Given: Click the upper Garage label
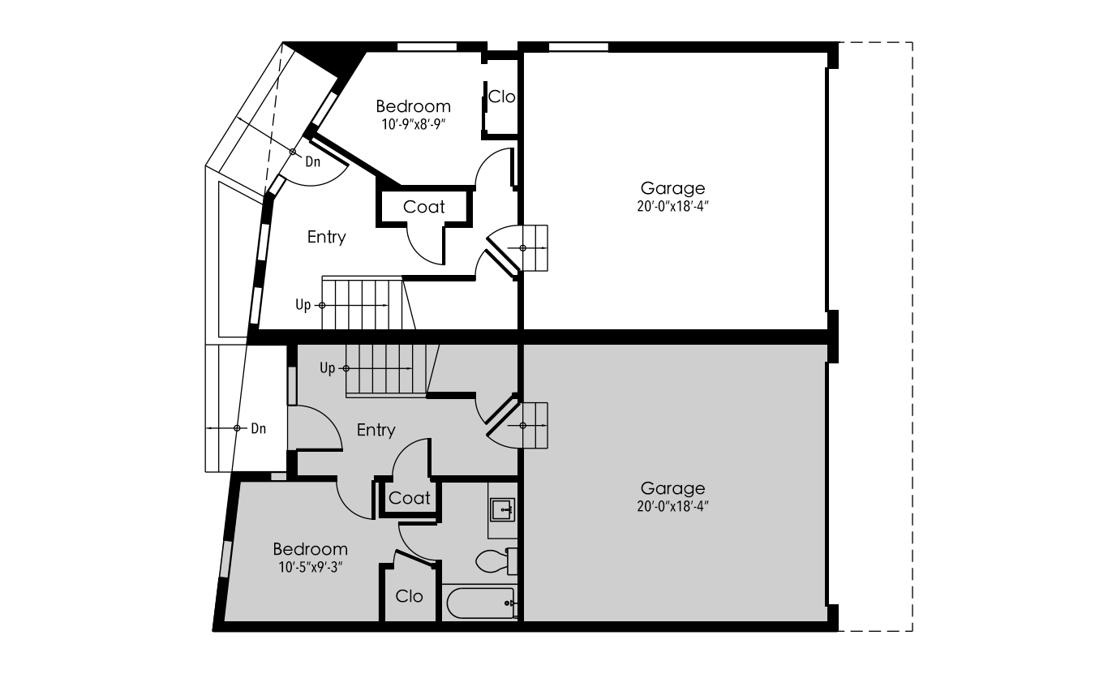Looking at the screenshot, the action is pyautogui.click(x=672, y=188).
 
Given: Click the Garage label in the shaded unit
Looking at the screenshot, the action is pyautogui.click(x=672, y=488).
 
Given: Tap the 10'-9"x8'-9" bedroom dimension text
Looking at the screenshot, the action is pyautogui.click(x=414, y=125).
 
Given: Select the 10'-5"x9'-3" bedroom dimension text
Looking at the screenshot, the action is pyautogui.click(x=311, y=568).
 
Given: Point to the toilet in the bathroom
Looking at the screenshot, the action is pyautogui.click(x=496, y=561).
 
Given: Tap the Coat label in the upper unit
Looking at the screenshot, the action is pyautogui.click(x=424, y=208).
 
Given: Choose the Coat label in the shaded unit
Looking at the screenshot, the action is pyautogui.click(x=409, y=498).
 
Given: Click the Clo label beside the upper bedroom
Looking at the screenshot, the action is pyautogui.click(x=501, y=97).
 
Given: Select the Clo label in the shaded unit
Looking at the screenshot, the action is pyautogui.click(x=409, y=596).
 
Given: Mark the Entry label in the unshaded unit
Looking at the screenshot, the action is pyautogui.click(x=327, y=237).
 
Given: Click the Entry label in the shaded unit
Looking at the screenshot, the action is pyautogui.click(x=376, y=430).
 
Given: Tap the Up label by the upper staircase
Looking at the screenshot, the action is pyautogui.click(x=303, y=305).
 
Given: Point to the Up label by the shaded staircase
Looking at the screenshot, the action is pyautogui.click(x=328, y=367).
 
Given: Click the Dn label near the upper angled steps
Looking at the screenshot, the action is pyautogui.click(x=313, y=161).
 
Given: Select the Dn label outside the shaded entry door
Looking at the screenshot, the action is pyautogui.click(x=259, y=428).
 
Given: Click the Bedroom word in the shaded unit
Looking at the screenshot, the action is pyautogui.click(x=311, y=549).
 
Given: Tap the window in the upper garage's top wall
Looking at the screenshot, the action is pyautogui.click(x=578, y=47).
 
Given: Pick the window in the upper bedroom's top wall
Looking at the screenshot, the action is pyautogui.click(x=427, y=47).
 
